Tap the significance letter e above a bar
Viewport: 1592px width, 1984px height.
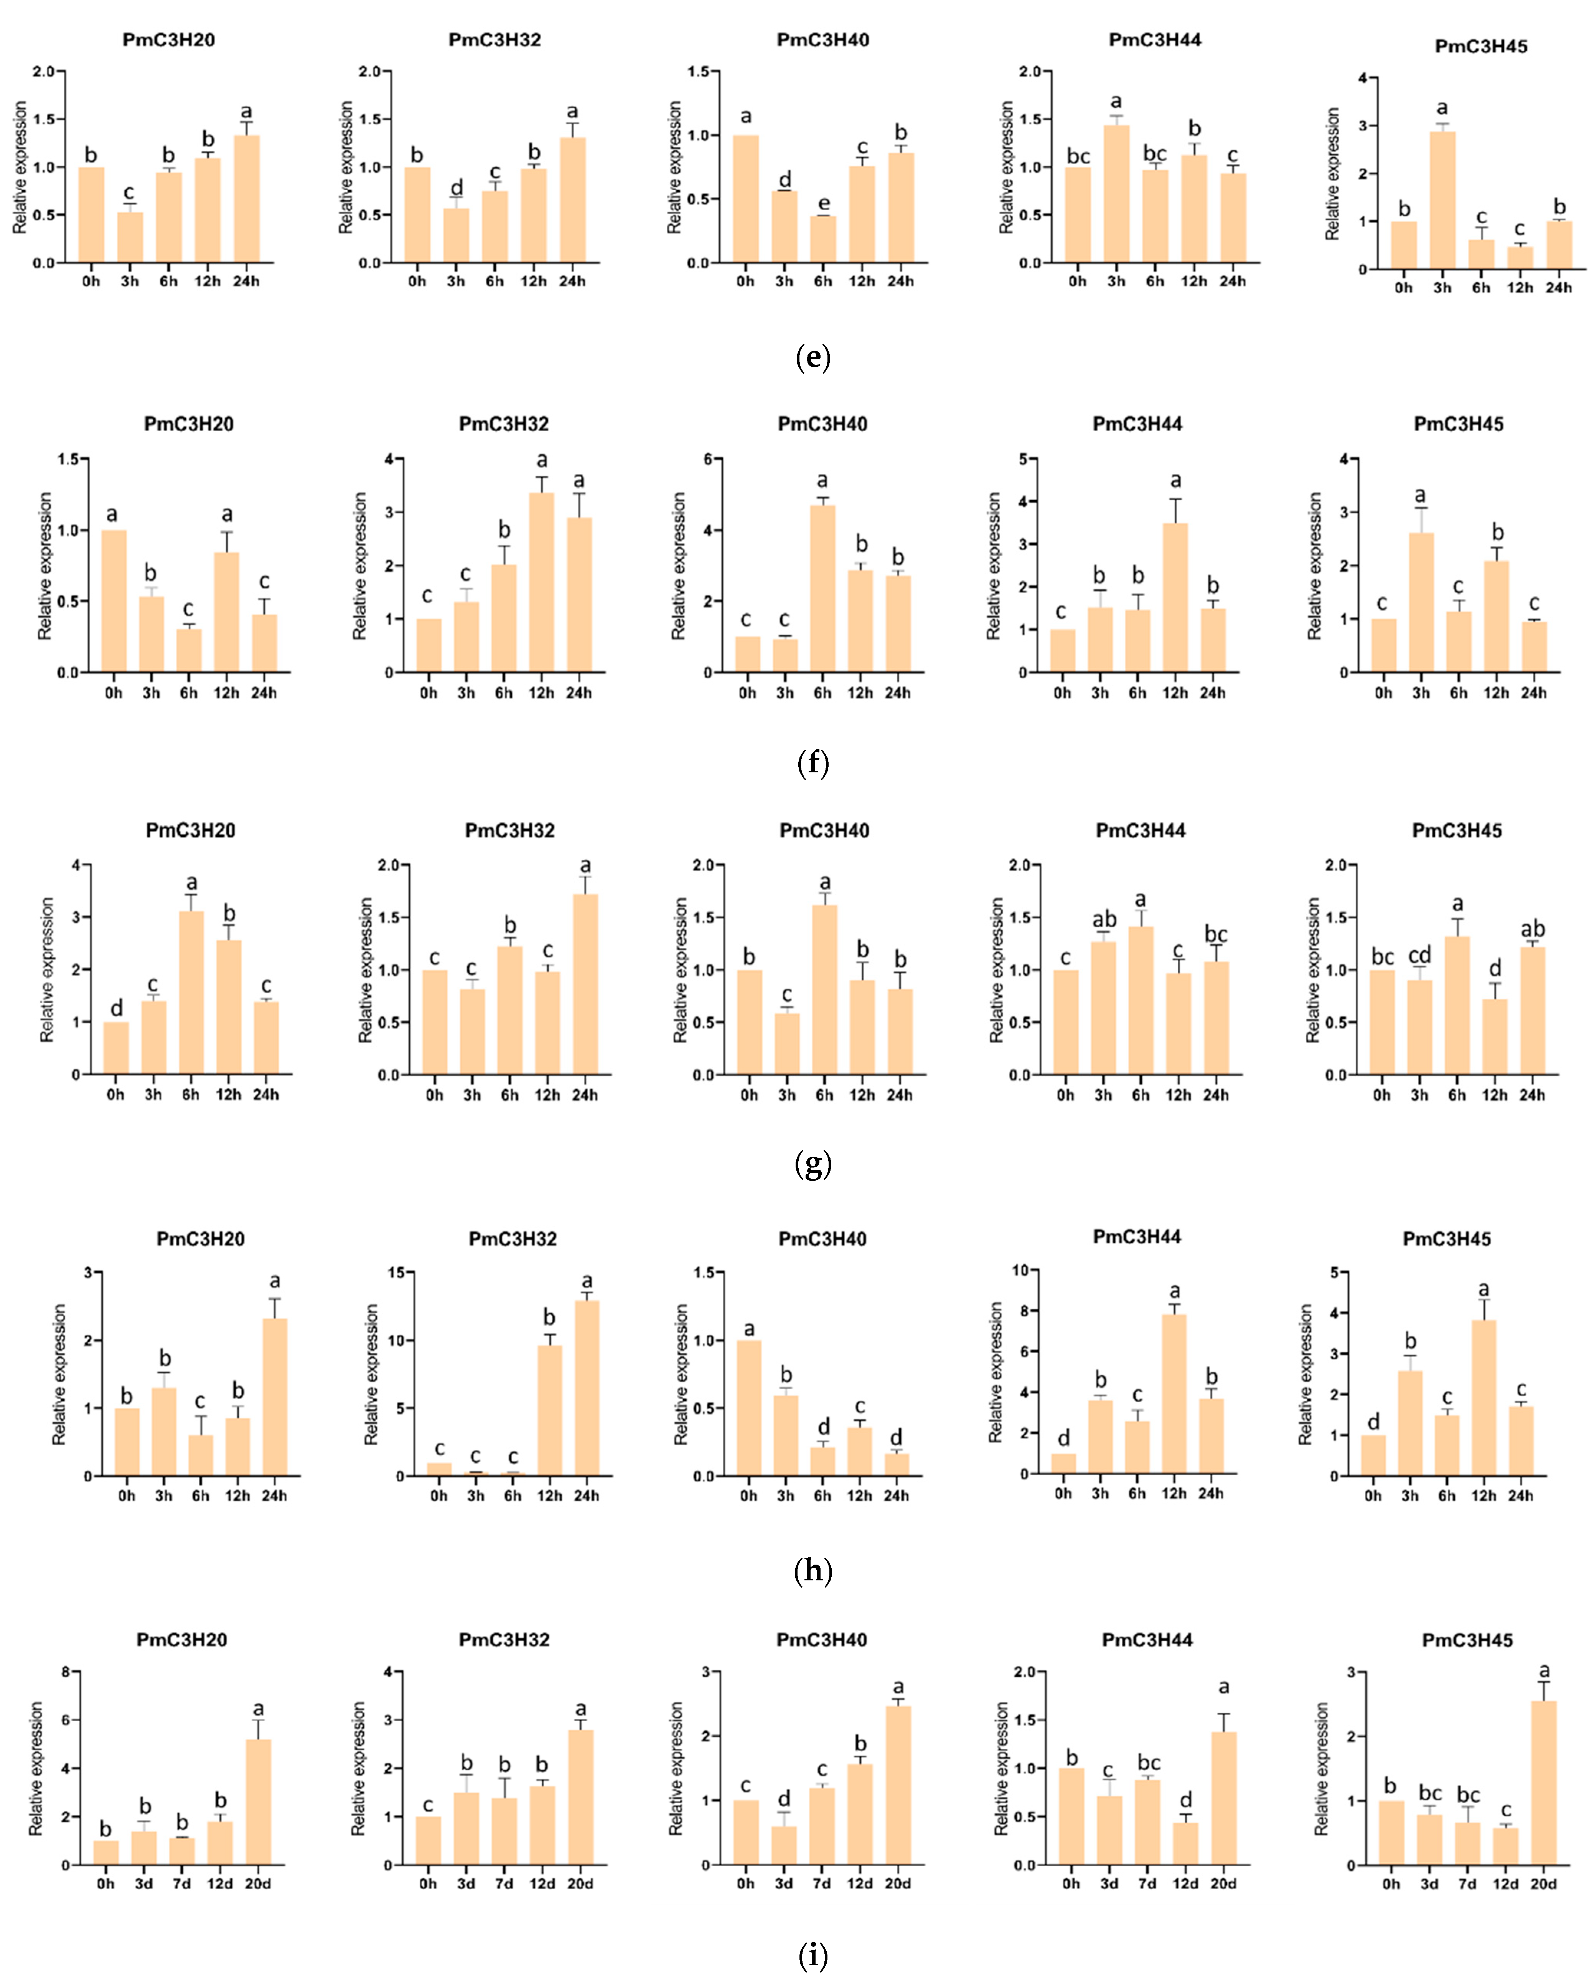(x=824, y=203)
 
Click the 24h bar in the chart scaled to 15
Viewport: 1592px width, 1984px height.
(x=586, y=1388)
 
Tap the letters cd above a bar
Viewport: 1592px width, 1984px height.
(x=1419, y=956)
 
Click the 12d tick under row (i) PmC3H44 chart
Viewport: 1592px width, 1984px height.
(x=1185, y=1884)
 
